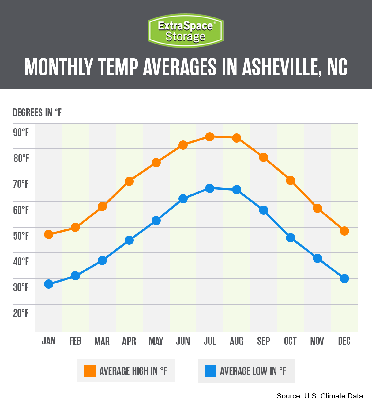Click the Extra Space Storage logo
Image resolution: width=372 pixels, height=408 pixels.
click(186, 30)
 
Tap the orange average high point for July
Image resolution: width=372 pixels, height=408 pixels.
click(210, 137)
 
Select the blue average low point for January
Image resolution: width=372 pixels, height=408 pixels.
click(49, 284)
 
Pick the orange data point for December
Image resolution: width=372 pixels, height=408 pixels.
click(344, 231)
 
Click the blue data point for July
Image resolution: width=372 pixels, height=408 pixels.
click(210, 188)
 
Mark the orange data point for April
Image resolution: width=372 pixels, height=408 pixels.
click(129, 181)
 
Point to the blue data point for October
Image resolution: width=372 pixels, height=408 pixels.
click(291, 238)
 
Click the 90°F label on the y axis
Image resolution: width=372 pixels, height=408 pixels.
click(21, 133)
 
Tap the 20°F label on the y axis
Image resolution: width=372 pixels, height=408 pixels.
click(21, 313)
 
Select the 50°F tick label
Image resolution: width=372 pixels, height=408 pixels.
click(21, 236)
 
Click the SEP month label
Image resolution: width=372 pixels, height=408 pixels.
click(263, 341)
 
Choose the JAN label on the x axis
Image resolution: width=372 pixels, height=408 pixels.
click(49, 341)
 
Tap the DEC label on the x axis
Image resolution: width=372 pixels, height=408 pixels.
click(344, 341)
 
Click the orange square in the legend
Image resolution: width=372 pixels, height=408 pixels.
click(90, 371)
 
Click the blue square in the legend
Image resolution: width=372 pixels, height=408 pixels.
click(211, 371)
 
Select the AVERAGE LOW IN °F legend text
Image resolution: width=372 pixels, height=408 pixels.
click(253, 371)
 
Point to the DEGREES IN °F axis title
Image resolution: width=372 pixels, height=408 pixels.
click(37, 113)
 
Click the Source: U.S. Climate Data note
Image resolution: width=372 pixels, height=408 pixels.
click(320, 396)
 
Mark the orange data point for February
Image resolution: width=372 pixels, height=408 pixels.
click(75, 227)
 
